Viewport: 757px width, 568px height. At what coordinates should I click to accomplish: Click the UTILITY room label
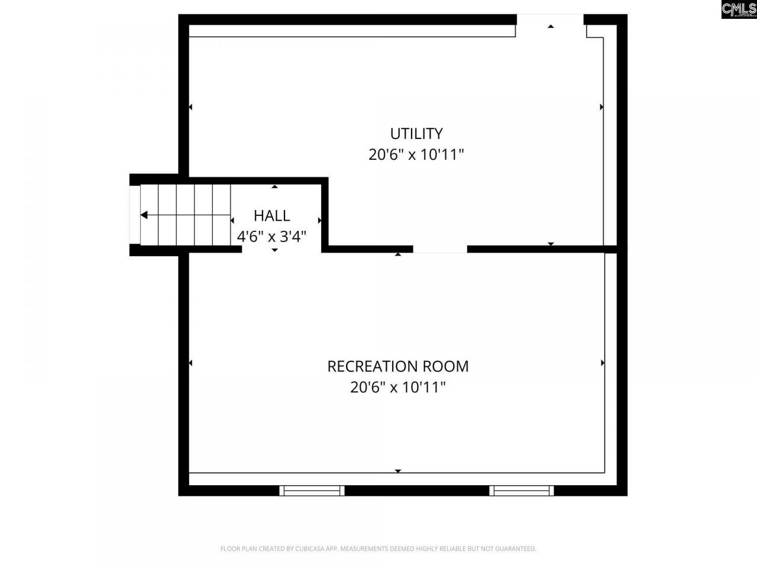416,133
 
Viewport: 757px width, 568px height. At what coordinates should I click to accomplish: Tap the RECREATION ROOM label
397,366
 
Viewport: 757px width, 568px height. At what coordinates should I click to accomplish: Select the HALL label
271,215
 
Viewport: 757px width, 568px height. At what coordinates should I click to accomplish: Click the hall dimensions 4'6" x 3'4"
271,237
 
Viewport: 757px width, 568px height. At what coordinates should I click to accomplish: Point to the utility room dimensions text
416,155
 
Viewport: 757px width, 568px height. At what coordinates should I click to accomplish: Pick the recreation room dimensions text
397,388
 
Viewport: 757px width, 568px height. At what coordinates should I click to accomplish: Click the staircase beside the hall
185,215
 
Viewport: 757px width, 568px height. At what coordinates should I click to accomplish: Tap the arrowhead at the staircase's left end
144,215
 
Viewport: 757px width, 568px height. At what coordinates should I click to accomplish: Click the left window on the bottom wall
312,490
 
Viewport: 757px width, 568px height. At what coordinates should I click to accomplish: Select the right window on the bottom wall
522,490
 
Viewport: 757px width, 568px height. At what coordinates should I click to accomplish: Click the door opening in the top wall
550,21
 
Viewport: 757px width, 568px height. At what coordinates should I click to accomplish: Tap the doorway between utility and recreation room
440,250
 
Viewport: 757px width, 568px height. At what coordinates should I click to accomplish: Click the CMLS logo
739,9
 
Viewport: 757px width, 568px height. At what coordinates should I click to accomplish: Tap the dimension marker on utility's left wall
190,107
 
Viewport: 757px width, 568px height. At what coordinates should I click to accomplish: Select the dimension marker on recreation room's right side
602,363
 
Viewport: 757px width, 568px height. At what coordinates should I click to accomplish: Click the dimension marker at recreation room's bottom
398,471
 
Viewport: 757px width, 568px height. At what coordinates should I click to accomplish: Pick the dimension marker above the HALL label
274,187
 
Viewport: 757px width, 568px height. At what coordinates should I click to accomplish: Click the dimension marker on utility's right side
601,107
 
